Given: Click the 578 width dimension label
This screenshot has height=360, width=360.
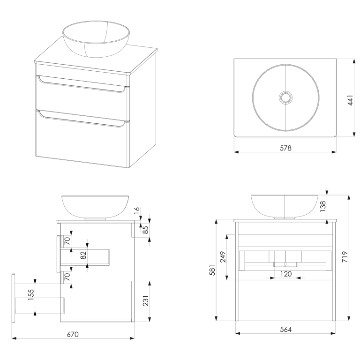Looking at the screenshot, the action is click(285, 148).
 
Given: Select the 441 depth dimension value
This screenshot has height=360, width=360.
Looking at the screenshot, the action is click(350, 100).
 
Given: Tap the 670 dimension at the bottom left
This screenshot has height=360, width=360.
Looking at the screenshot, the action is click(73, 334).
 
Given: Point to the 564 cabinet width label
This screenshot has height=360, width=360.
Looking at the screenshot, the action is click(286, 330).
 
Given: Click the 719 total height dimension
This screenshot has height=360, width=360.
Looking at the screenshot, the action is click(345, 257).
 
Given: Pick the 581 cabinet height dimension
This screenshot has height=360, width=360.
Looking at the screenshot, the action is click(213, 270).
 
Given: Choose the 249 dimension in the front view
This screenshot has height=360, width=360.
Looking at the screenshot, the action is click(223, 257).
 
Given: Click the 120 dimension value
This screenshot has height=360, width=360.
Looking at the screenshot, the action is click(286, 274).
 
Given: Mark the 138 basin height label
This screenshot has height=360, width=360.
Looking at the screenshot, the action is click(323, 206).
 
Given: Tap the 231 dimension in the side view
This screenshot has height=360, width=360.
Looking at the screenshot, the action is click(146, 301).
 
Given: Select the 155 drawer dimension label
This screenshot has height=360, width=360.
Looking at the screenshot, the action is click(31, 294).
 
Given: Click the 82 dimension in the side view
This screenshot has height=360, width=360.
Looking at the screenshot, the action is click(83, 255).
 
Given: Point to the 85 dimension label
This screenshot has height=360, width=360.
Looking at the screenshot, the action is click(146, 230).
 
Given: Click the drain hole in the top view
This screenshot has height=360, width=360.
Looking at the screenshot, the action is click(285, 97).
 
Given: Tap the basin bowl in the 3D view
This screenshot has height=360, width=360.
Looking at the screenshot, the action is click(96, 39).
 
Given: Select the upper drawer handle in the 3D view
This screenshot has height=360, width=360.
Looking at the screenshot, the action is click(82, 84).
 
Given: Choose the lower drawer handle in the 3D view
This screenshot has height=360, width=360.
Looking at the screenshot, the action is click(82, 119).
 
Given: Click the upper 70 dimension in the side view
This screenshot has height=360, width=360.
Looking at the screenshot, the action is click(67, 241).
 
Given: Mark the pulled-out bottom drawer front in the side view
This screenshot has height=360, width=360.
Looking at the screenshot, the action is click(13, 298).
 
